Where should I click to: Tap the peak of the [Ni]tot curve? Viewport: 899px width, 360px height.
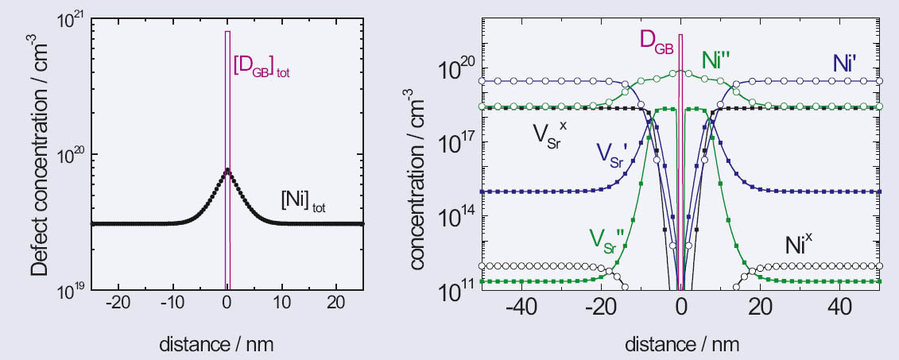coord(227,168)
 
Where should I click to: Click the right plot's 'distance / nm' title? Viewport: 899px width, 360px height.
coord(680,343)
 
